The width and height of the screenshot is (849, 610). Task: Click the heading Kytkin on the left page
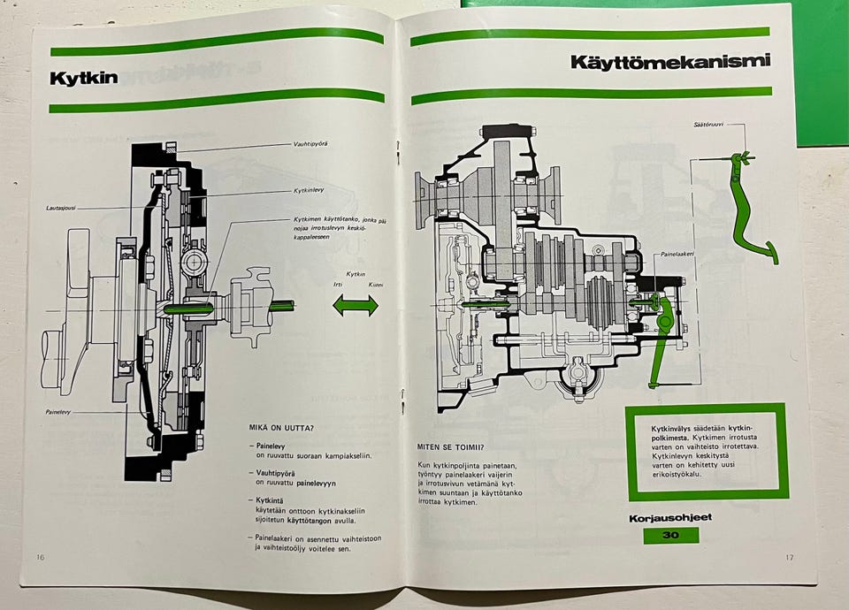[x=84, y=78]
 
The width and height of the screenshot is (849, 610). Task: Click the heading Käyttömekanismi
[x=669, y=62]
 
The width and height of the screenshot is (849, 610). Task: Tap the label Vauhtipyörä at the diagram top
[x=310, y=143]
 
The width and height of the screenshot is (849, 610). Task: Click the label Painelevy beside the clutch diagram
[x=59, y=412]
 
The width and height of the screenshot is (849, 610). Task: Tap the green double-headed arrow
[x=356, y=306]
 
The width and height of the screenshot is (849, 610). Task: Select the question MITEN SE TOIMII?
[x=450, y=446]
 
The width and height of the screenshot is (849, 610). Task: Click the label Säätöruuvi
[x=709, y=125]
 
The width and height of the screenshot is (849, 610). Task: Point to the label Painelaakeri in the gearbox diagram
[x=677, y=254]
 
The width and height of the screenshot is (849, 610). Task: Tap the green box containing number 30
[x=670, y=535]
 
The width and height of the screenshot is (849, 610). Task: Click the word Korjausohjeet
[x=670, y=518]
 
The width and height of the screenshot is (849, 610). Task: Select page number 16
[x=41, y=557]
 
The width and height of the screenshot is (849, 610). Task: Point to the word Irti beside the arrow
[x=337, y=285]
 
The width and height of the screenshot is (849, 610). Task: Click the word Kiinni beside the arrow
[x=377, y=285]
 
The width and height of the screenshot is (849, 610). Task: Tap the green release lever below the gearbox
[x=659, y=345]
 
